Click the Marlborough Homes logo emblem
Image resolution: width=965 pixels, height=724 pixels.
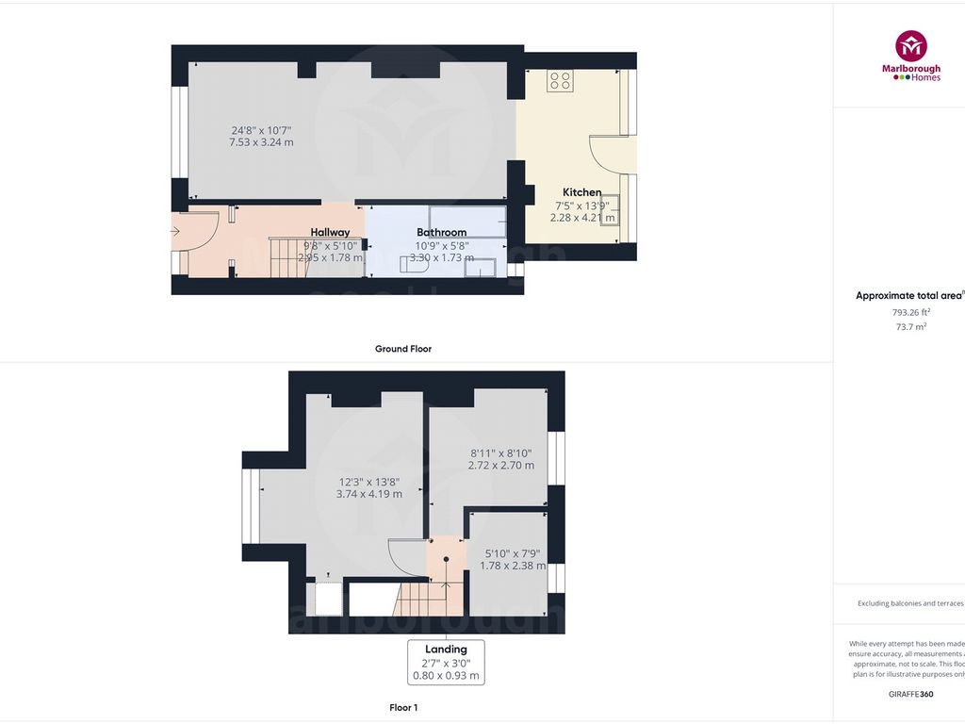tap(911, 46)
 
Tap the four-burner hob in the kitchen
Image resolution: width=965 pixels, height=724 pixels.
tap(560, 81)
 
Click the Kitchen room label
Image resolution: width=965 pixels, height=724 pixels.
tap(581, 192)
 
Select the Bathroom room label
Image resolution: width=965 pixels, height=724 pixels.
tap(441, 232)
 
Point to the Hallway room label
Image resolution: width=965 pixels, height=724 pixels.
tap(330, 232)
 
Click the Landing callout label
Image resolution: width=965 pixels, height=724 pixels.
tap(446, 649)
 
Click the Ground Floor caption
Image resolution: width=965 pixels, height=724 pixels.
tap(403, 349)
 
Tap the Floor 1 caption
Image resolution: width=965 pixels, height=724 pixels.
tap(403, 706)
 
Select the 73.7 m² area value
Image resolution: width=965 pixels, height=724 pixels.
tap(910, 326)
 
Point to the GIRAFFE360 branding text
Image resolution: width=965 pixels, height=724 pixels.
tap(910, 694)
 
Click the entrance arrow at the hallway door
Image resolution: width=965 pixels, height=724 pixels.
tap(176, 229)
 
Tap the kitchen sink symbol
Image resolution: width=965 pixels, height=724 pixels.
tap(608, 208)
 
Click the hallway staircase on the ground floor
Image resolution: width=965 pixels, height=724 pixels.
tap(289, 256)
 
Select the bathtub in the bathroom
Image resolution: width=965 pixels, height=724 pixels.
tap(467, 221)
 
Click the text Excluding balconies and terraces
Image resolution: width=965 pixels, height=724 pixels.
tap(910, 603)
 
